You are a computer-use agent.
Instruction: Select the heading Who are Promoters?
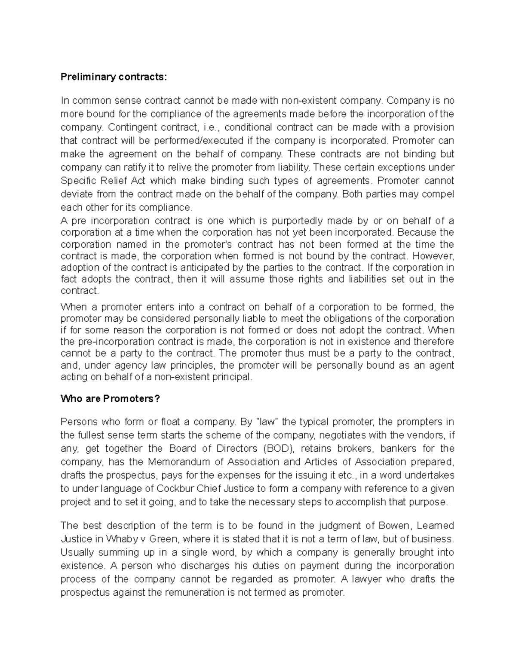(110, 399)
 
